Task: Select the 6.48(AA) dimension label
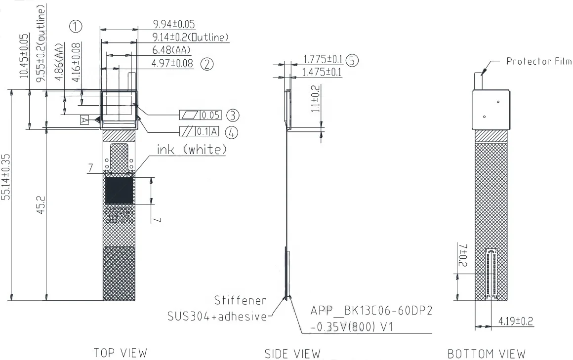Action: coord(171,50)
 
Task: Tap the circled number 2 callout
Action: coord(207,63)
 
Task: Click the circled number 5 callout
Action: coord(352,60)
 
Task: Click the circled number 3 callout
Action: coord(233,116)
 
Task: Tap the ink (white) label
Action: coord(192,149)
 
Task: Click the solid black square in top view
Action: coord(119,191)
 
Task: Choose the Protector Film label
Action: coord(539,61)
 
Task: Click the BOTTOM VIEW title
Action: coord(486,354)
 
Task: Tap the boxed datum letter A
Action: coord(84,120)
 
